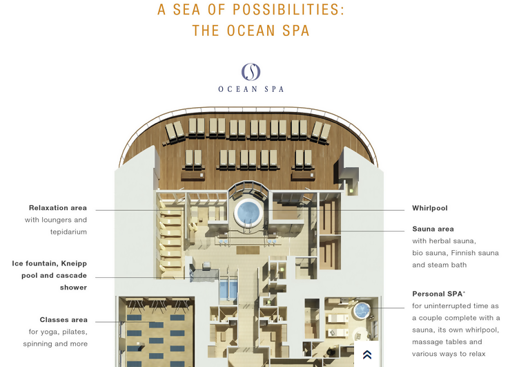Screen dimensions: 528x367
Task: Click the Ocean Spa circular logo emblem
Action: click(x=251, y=71)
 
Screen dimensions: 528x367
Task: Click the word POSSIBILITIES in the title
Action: click(x=288, y=10)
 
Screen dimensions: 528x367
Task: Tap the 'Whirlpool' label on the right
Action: click(x=430, y=208)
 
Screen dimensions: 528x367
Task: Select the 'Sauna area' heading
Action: click(x=433, y=229)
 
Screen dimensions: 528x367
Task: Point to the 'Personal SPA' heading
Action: click(x=438, y=294)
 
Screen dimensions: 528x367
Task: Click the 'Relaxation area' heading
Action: click(x=57, y=208)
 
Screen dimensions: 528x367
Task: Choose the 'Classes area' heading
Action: click(x=63, y=320)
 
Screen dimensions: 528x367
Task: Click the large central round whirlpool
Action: click(x=248, y=212)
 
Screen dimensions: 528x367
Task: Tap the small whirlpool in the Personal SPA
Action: click(x=362, y=310)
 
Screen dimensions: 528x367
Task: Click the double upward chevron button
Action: click(x=367, y=355)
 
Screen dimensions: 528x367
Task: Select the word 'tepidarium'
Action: click(x=68, y=232)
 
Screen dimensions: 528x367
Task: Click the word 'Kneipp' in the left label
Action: click(x=74, y=263)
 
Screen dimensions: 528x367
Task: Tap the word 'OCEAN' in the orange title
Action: click(x=251, y=30)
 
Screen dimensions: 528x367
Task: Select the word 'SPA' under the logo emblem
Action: click(x=274, y=89)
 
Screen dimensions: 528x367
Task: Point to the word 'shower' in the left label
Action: click(x=73, y=288)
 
